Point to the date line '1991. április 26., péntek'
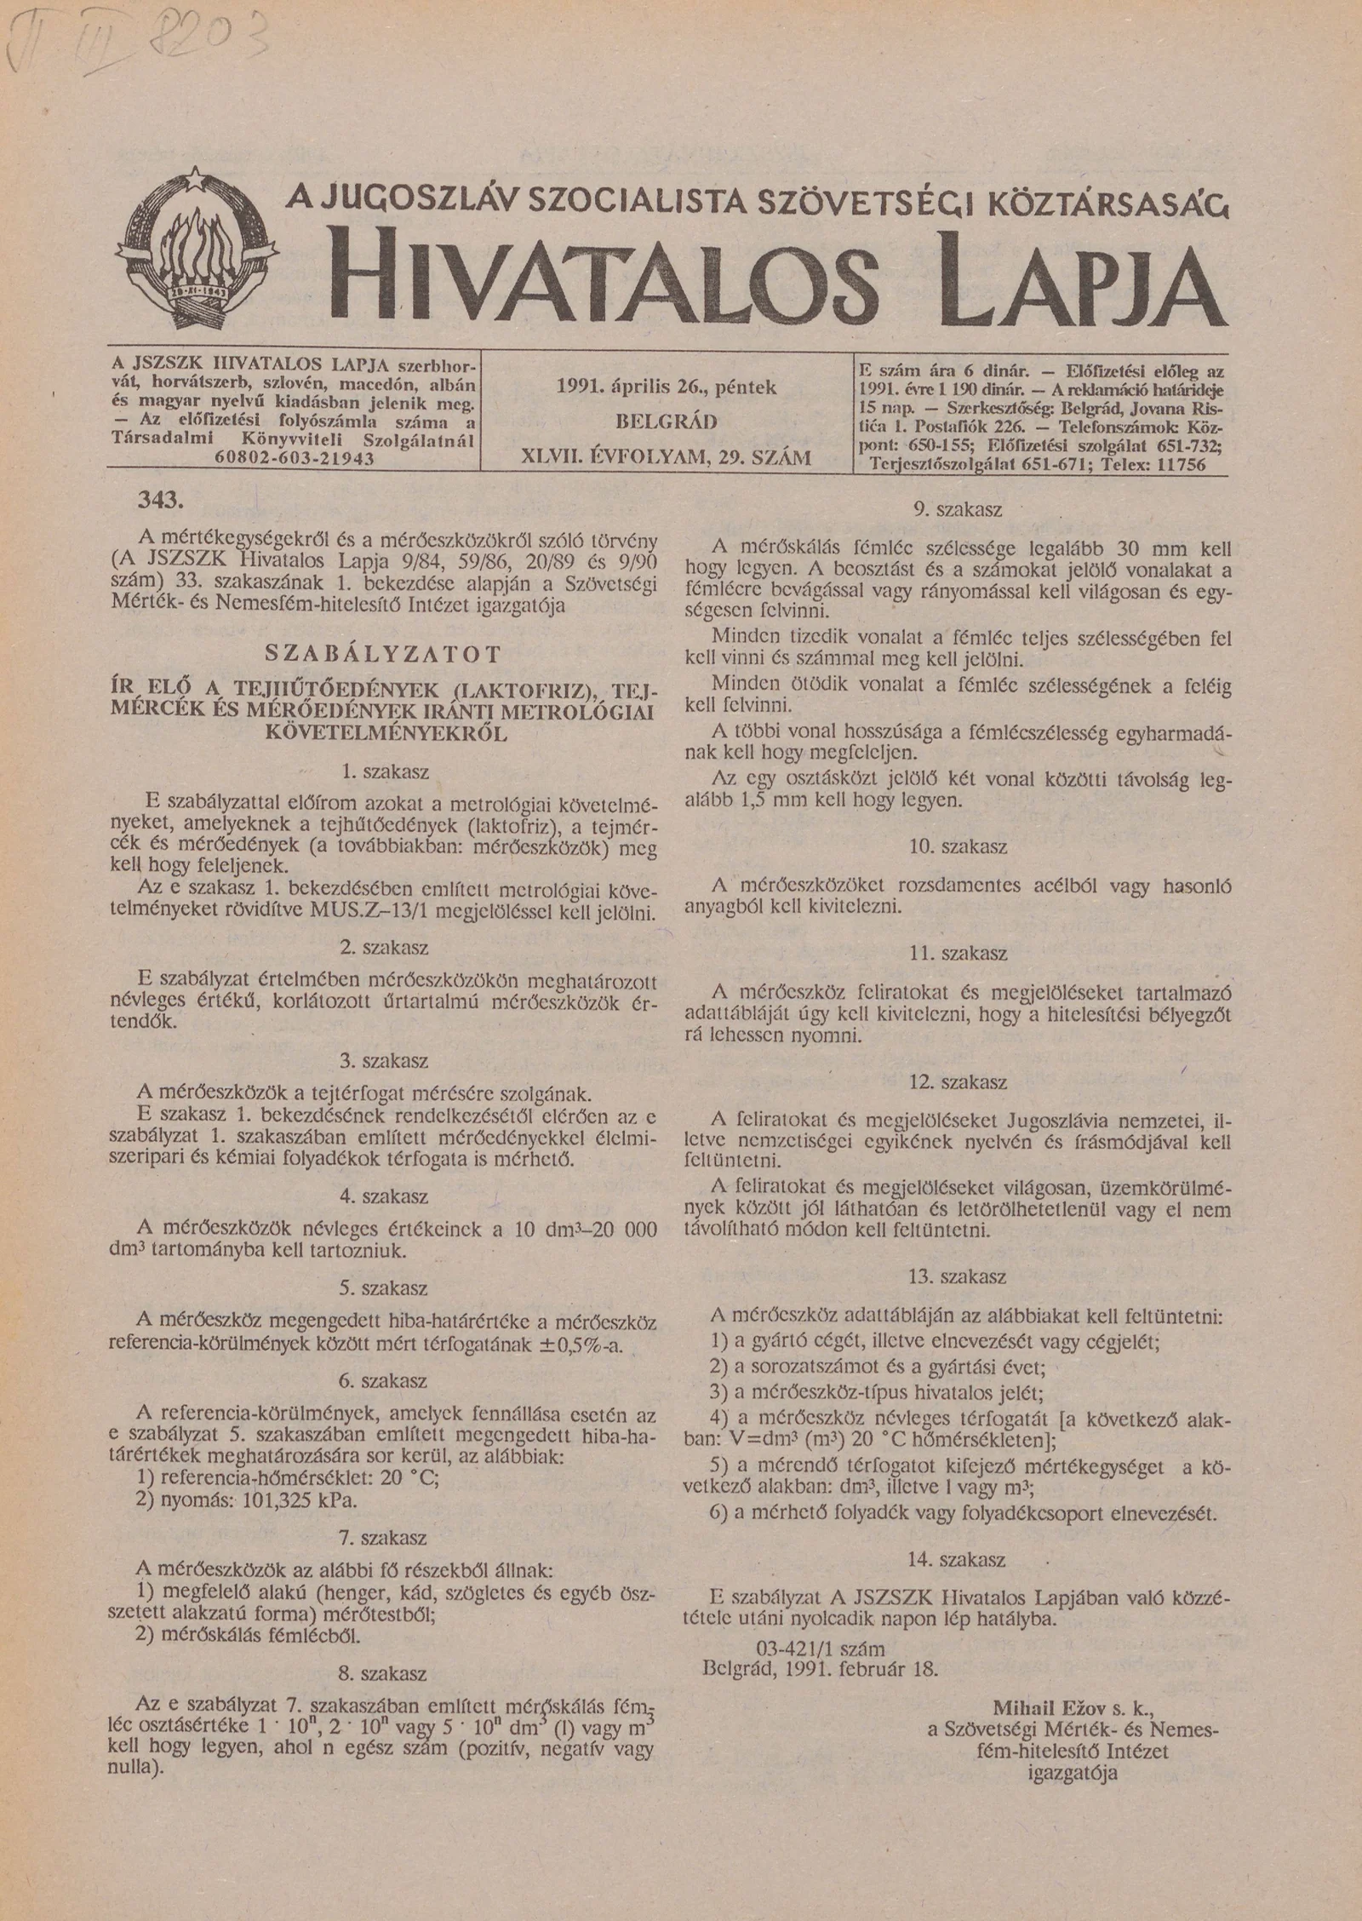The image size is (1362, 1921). pyautogui.click(x=666, y=387)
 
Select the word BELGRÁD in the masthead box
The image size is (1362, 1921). pyautogui.click(x=667, y=422)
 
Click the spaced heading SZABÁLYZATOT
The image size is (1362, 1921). pyautogui.click(x=384, y=654)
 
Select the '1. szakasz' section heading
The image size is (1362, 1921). pyautogui.click(x=384, y=772)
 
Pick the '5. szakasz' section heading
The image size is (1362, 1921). pyautogui.click(x=383, y=1287)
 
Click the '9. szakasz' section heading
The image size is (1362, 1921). pyautogui.click(x=958, y=510)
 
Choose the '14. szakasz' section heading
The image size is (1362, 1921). pyautogui.click(x=958, y=1560)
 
